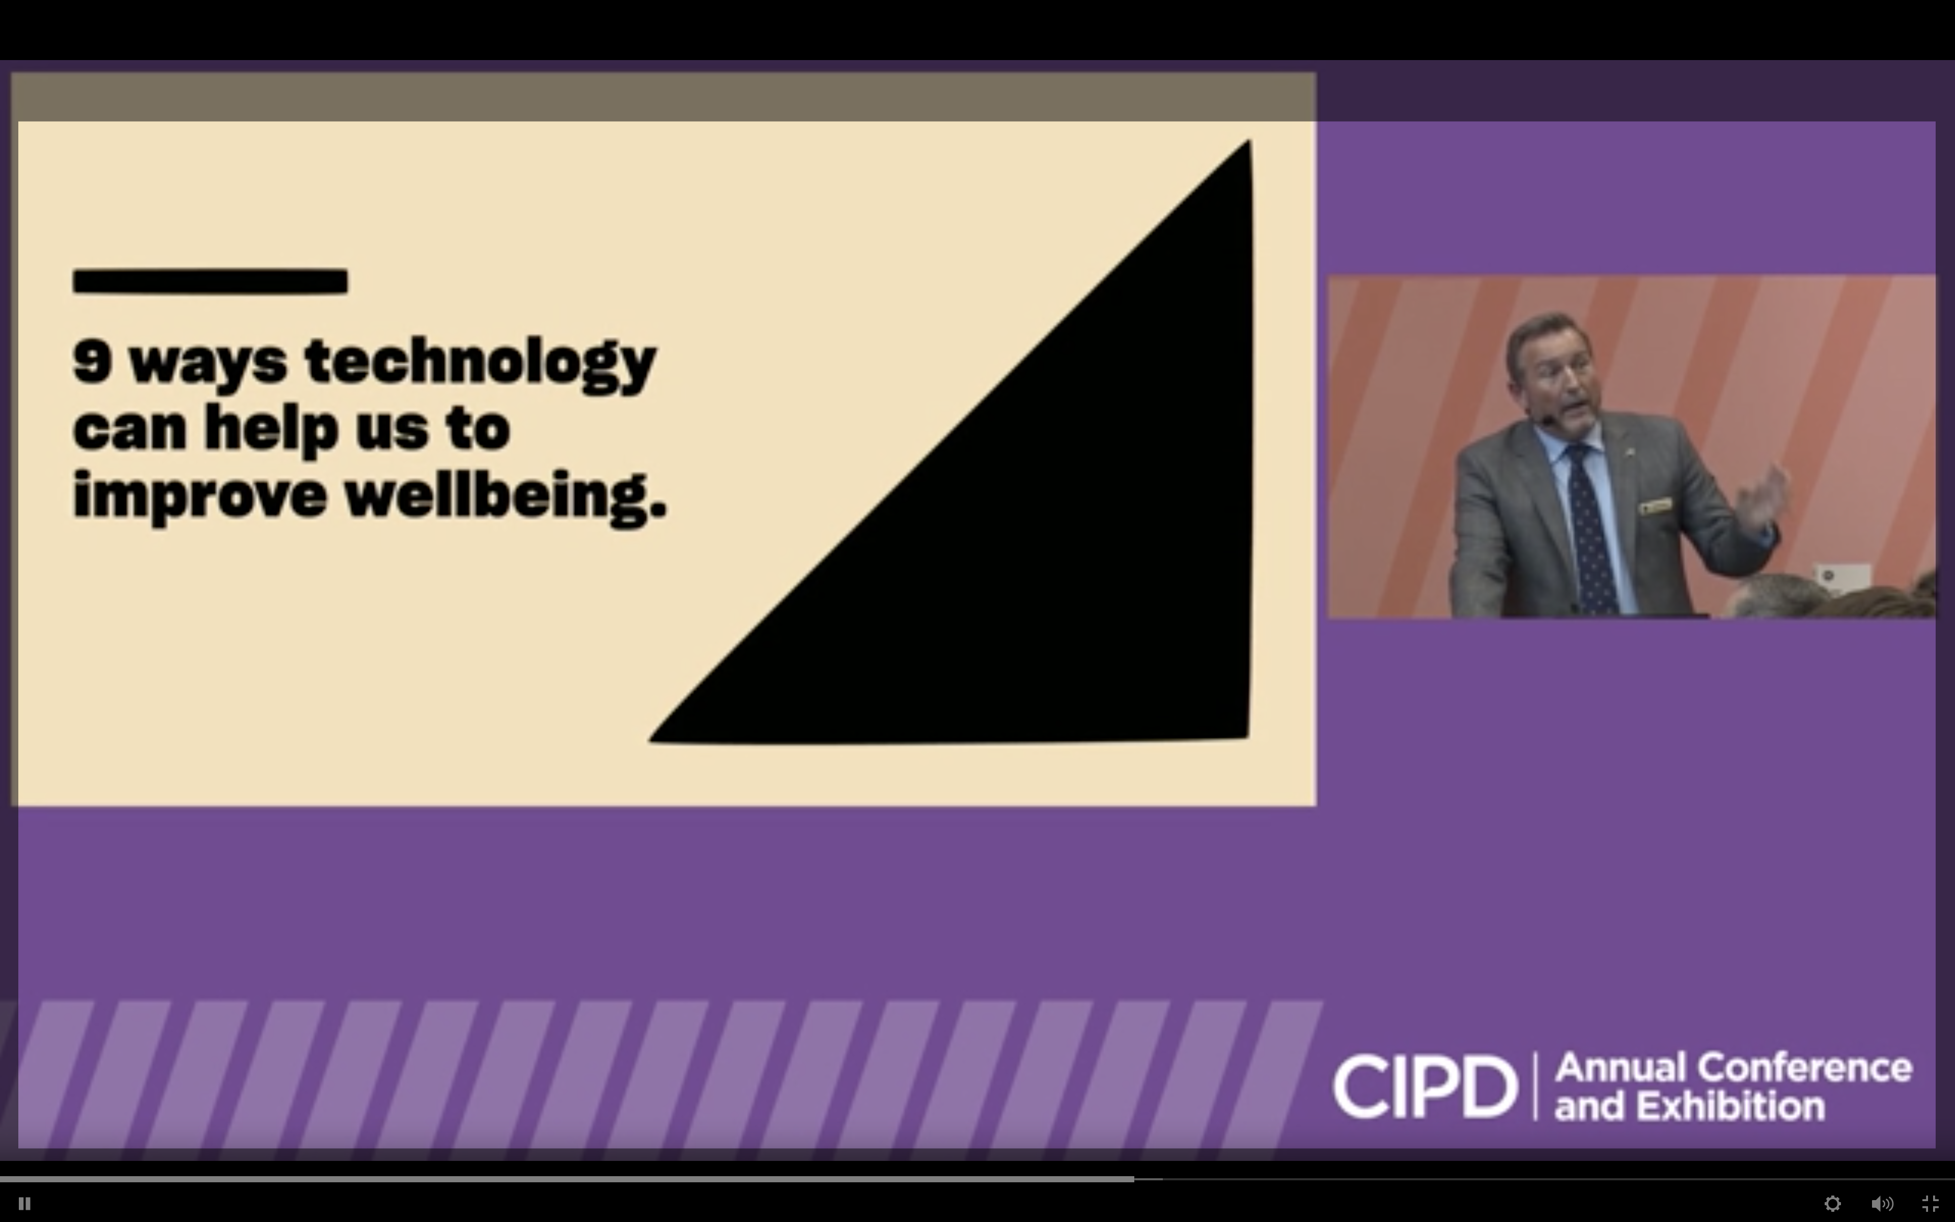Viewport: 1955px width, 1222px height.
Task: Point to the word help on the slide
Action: pyautogui.click(x=271, y=428)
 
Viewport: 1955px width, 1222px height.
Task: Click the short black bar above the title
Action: pyautogui.click(x=210, y=281)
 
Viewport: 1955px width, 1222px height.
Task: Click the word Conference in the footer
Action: pyautogui.click(x=1805, y=1068)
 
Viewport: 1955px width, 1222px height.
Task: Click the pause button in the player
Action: pyautogui.click(x=24, y=1203)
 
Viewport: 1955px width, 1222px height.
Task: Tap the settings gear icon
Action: pyautogui.click(x=1832, y=1203)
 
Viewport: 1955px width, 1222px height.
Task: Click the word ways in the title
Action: pyautogui.click(x=208, y=364)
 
